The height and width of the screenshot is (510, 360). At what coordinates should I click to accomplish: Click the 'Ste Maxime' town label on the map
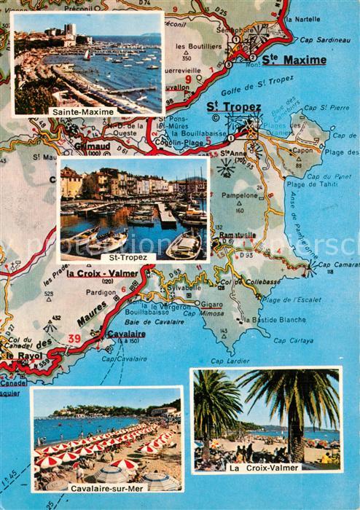click(x=294, y=60)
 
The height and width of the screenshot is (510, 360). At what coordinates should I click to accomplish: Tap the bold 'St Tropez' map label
click(x=233, y=108)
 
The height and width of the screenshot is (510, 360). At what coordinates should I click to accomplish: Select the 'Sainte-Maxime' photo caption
click(x=82, y=111)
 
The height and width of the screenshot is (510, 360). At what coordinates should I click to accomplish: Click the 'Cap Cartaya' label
click(x=293, y=340)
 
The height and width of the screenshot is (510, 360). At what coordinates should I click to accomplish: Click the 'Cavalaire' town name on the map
click(x=125, y=334)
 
